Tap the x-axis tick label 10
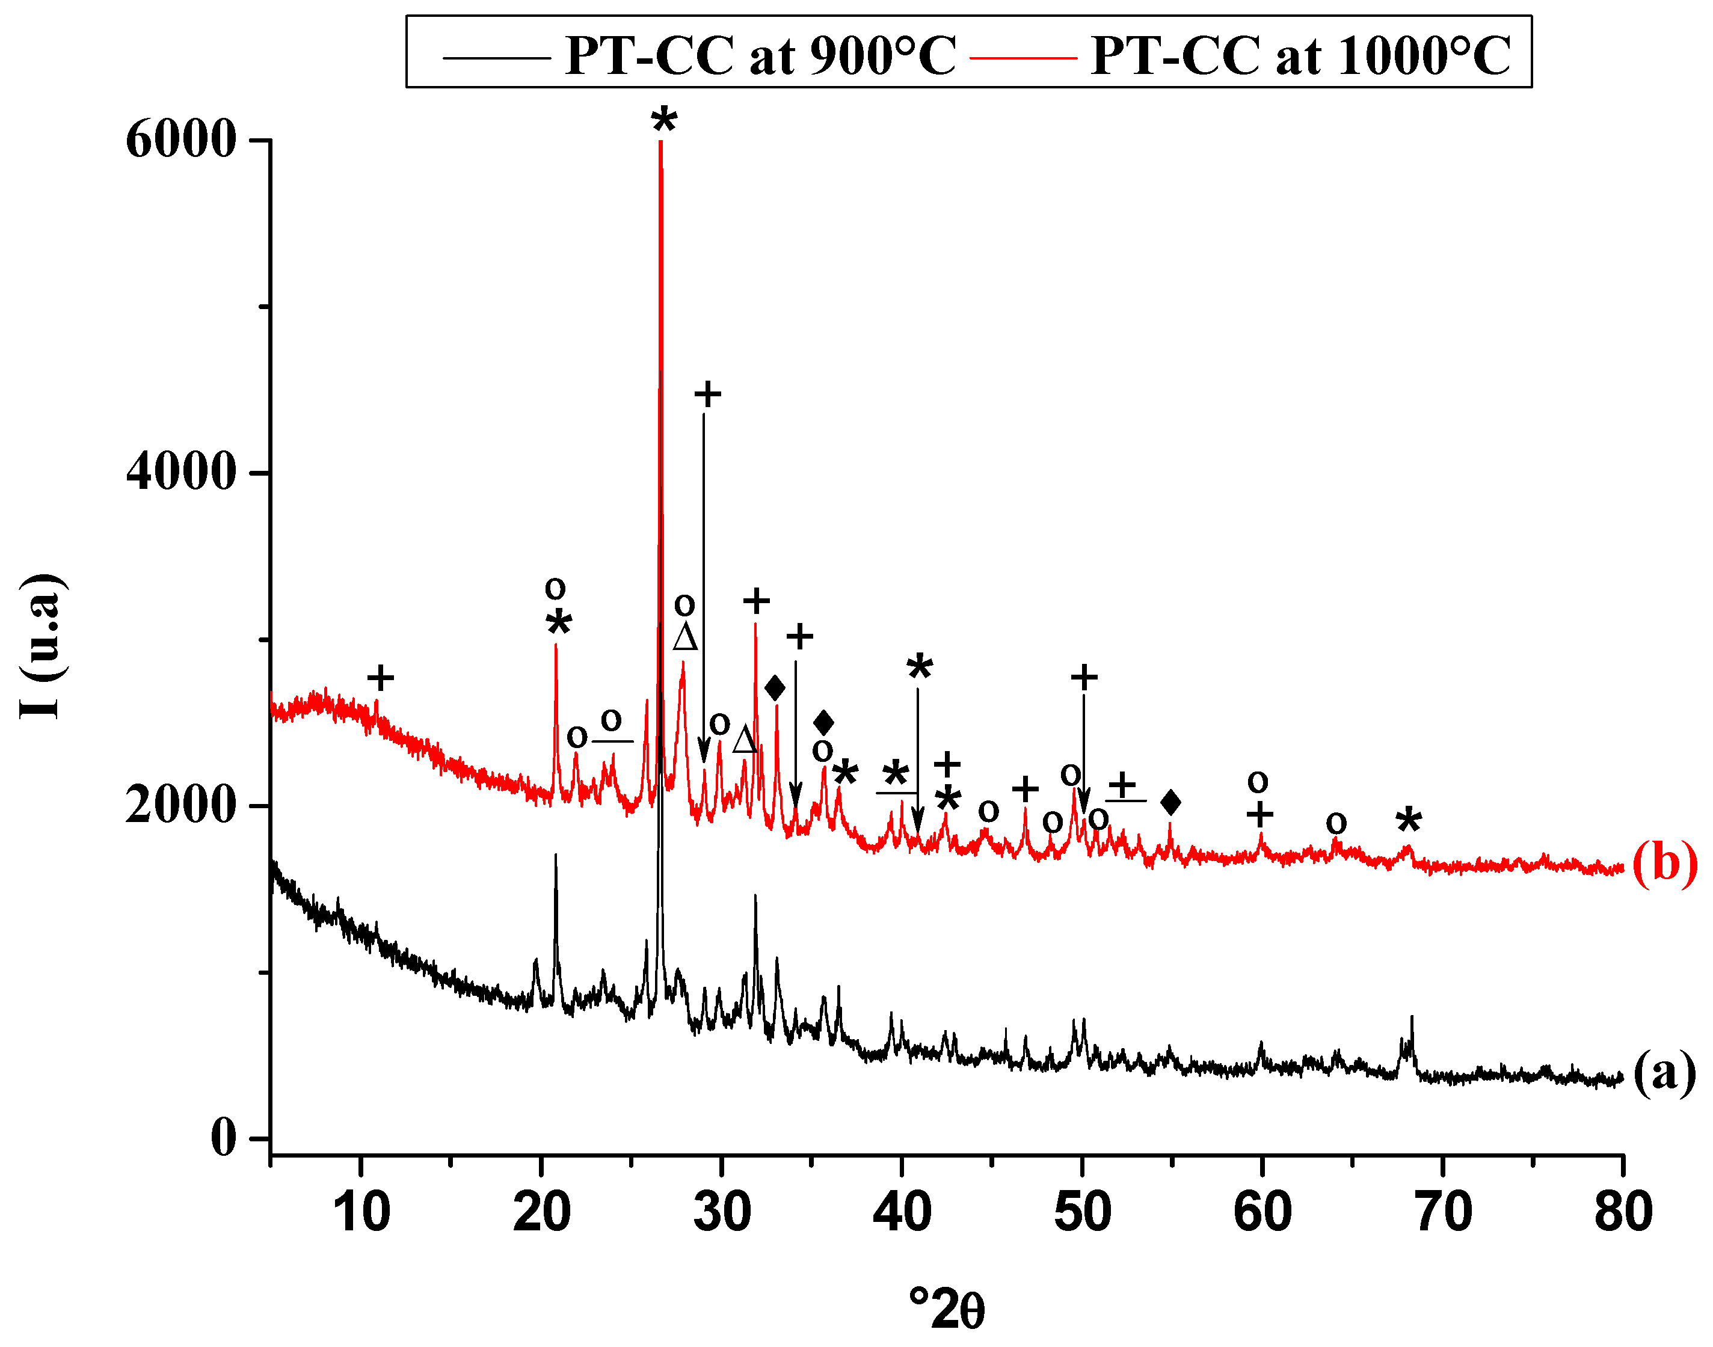point(361,1212)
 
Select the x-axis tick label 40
point(902,1212)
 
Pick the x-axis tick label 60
point(1262,1212)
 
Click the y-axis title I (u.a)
point(41,646)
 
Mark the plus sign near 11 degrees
point(380,678)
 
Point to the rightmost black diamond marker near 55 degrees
point(1171,803)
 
